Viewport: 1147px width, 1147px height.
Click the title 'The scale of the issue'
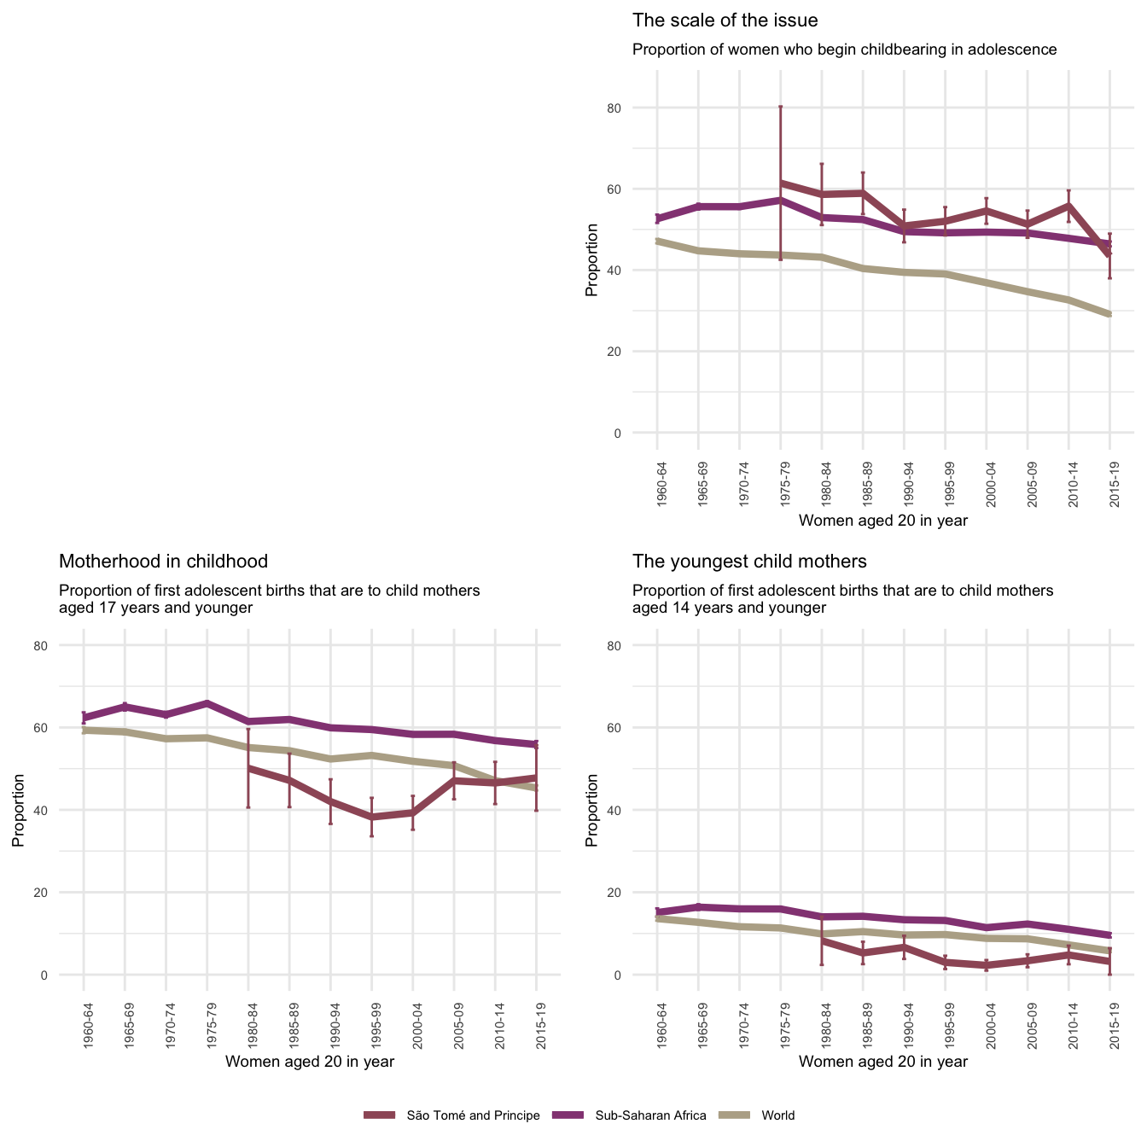[x=725, y=20]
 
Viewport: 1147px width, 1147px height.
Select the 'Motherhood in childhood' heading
[x=163, y=562]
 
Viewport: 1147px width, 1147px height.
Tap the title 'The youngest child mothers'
[x=749, y=562]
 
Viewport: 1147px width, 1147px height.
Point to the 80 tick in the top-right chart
[x=638, y=108]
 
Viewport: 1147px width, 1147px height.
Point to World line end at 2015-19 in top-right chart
[x=1109, y=315]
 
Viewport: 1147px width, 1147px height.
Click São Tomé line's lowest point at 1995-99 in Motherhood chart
[x=371, y=817]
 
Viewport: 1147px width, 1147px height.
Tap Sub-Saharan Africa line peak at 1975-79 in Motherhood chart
[x=207, y=703]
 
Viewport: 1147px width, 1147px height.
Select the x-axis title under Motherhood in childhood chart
[x=309, y=1062]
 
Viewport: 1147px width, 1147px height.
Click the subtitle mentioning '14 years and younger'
[x=842, y=599]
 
